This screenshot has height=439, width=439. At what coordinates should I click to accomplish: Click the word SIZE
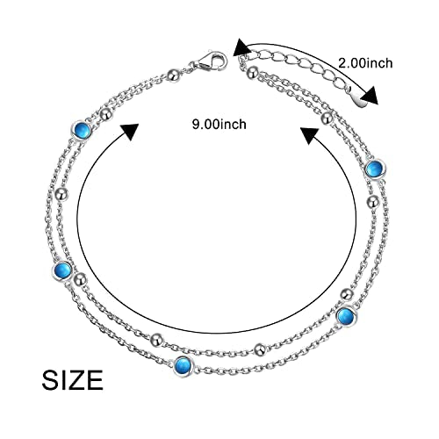coord(73,379)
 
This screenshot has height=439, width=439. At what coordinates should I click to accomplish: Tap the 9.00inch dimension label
coord(219,125)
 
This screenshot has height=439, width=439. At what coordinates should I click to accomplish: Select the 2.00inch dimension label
coord(365,63)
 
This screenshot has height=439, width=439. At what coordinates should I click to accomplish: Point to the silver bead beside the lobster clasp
coord(174,76)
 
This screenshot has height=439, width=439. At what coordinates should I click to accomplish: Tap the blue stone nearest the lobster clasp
coord(81,130)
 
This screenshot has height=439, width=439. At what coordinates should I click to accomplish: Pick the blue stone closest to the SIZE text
coord(62,270)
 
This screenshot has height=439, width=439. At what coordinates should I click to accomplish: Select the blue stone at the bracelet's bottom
coord(184,366)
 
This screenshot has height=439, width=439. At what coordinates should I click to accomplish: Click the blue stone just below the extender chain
coord(376,169)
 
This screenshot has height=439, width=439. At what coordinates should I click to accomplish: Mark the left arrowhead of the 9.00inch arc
coord(129,132)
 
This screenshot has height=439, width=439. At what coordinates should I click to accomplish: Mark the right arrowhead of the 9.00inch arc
coord(310,135)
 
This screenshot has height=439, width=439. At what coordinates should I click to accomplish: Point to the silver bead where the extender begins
coord(253,71)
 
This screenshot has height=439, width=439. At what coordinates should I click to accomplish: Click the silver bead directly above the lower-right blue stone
coord(347,293)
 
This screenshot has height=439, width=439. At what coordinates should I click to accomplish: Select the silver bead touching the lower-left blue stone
coord(80,279)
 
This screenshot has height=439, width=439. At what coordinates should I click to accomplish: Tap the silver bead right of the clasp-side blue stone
coord(106,114)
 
